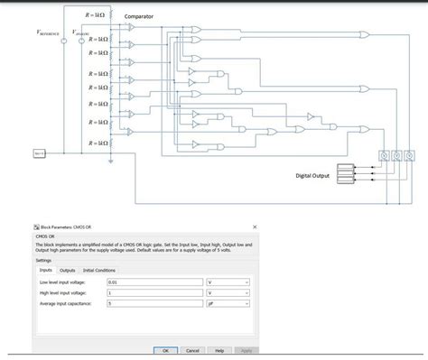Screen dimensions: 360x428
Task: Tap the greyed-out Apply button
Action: pyautogui.click(x=246, y=349)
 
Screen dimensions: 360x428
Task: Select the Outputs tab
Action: pyautogui.click(x=68, y=270)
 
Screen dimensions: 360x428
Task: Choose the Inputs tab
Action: pyautogui.click(x=45, y=270)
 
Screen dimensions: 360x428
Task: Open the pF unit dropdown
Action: pyautogui.click(x=229, y=304)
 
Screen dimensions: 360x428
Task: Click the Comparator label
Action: pyautogui.click(x=138, y=17)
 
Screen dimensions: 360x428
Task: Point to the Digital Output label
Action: pyautogui.click(x=312, y=175)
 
